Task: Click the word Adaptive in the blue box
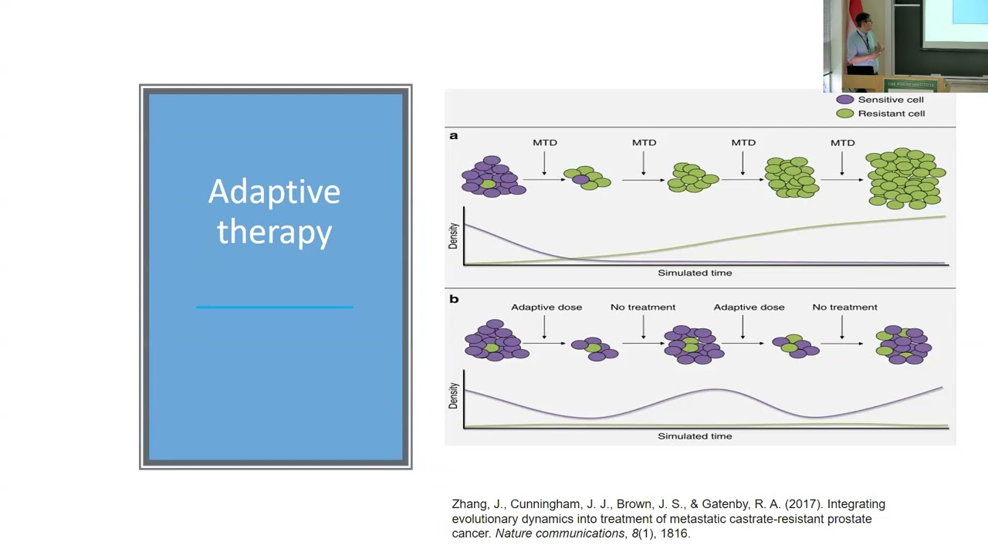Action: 274,192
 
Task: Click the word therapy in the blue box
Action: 274,232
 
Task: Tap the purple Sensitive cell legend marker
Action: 845,100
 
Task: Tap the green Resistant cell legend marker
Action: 845,114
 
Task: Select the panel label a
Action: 454,136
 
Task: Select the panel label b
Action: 454,299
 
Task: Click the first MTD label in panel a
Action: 544,142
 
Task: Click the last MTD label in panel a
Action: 842,142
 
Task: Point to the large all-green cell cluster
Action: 905,179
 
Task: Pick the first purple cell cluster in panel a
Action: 492,177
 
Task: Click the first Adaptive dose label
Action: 546,307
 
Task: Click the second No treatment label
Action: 844,307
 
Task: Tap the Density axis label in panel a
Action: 453,236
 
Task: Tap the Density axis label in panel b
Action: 453,397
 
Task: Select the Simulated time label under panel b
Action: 695,436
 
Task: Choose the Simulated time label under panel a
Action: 695,273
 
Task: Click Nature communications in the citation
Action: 560,534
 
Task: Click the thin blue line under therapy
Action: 274,307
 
